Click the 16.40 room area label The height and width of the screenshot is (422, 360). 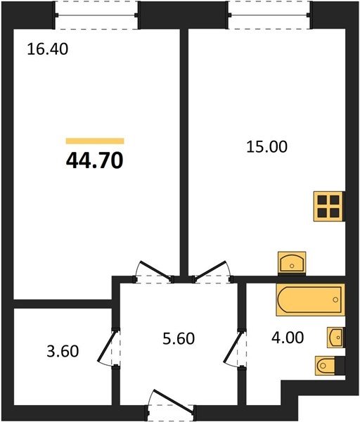pyautogui.click(x=48, y=49)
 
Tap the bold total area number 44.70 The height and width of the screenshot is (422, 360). pyautogui.click(x=95, y=160)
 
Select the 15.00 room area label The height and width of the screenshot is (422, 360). pyautogui.click(x=267, y=147)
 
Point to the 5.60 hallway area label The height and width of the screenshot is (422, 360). pyautogui.click(x=179, y=338)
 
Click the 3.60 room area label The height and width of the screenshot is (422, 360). pyautogui.click(x=63, y=352)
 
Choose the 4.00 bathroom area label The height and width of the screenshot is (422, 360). pyautogui.click(x=288, y=338)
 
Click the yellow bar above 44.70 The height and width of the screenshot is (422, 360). pyautogui.click(x=95, y=141)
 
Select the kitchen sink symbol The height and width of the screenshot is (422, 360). pyautogui.click(x=292, y=264)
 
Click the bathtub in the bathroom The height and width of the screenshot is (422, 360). pyautogui.click(x=311, y=300)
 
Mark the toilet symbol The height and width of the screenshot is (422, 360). pyautogui.click(x=329, y=366)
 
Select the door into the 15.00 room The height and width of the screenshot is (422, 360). pyautogui.click(x=212, y=271)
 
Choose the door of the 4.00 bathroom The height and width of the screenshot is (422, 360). pyautogui.click(x=235, y=347)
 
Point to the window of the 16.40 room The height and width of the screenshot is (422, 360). pyautogui.click(x=96, y=15)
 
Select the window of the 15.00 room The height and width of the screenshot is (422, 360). pyautogui.click(x=270, y=15)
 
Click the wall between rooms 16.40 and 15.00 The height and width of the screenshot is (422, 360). pyautogui.click(x=184, y=153)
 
